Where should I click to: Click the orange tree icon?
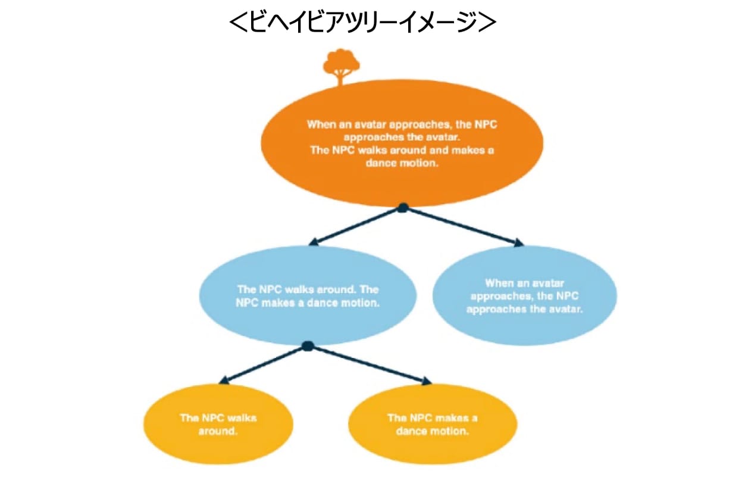[341, 67]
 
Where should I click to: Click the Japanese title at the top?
[363, 22]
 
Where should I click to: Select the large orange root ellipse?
[402, 143]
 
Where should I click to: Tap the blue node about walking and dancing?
[308, 295]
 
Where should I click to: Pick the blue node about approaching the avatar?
[524, 295]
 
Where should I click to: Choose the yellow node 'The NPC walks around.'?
[218, 424]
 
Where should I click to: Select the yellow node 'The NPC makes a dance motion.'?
[433, 424]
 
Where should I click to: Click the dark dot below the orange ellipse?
[403, 208]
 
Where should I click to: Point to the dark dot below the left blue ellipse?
[308, 346]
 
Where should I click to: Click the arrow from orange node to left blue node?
[356, 227]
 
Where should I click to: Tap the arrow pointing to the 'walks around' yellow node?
[264, 365]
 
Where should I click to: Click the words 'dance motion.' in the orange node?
[402, 163]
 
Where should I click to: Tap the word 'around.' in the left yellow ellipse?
[218, 431]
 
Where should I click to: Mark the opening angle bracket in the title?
[238, 22]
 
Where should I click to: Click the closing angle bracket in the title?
[487, 22]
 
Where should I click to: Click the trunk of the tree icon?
[340, 79]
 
